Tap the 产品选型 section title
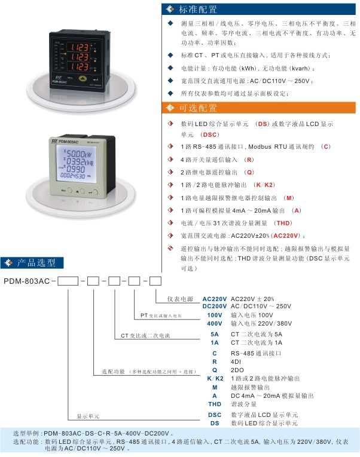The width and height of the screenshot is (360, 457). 36,263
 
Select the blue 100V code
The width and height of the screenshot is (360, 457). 214,314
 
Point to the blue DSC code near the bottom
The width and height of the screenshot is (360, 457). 214,415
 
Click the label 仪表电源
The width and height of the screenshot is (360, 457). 179,298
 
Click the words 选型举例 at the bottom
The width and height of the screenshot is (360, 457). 27,433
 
